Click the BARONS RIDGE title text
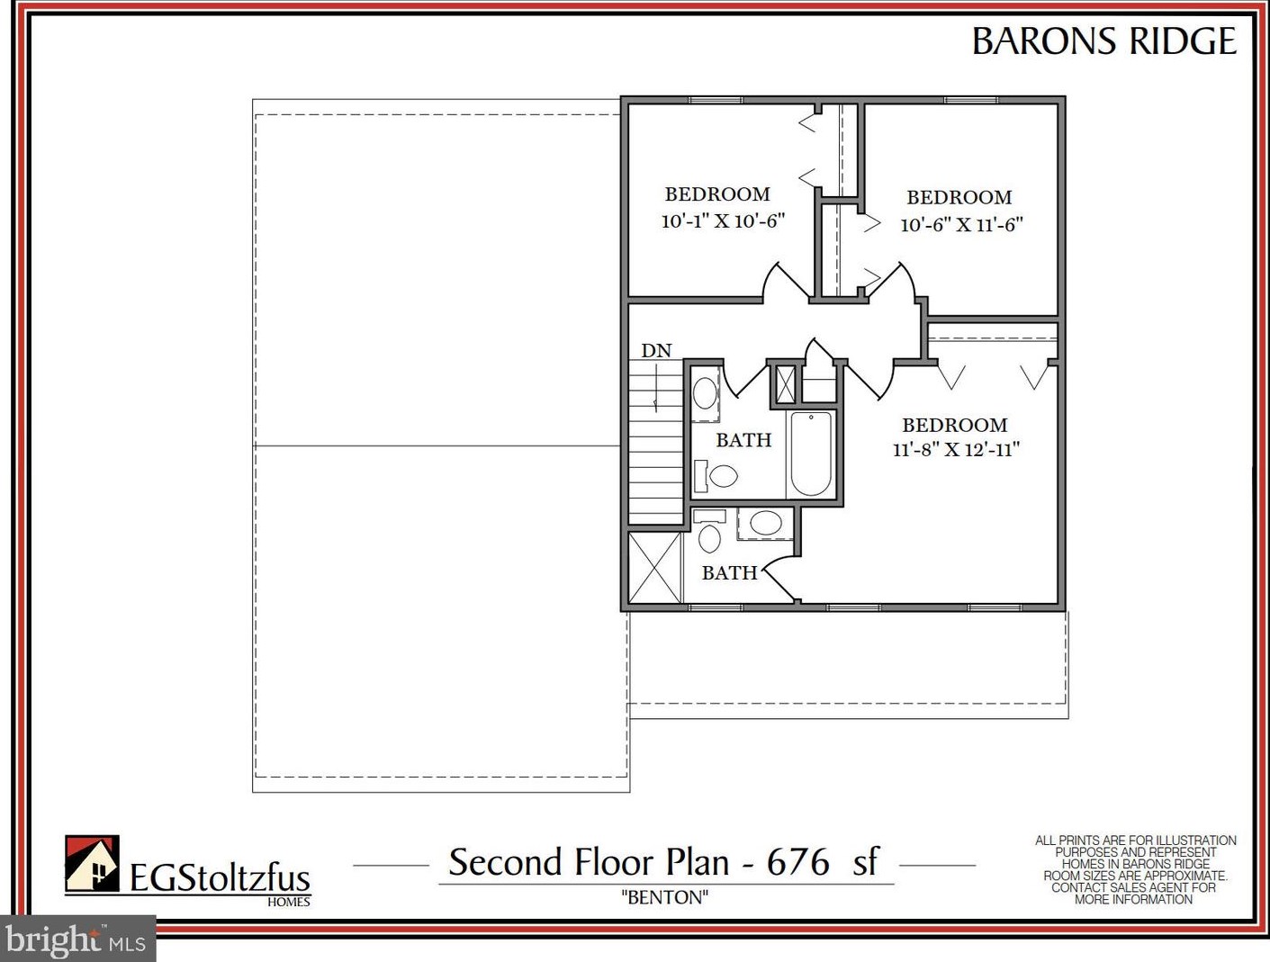1104,41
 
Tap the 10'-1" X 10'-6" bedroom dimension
723,220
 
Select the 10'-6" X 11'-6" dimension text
961,224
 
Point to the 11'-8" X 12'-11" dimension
956,449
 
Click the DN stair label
656,351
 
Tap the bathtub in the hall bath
811,454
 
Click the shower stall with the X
654,568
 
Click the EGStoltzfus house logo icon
92,863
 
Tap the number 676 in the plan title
797,862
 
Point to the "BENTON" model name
665,897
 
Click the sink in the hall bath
705,393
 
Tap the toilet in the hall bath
716,475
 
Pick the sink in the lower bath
765,523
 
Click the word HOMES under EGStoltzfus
289,902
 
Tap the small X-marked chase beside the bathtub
785,384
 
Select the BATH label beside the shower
730,572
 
